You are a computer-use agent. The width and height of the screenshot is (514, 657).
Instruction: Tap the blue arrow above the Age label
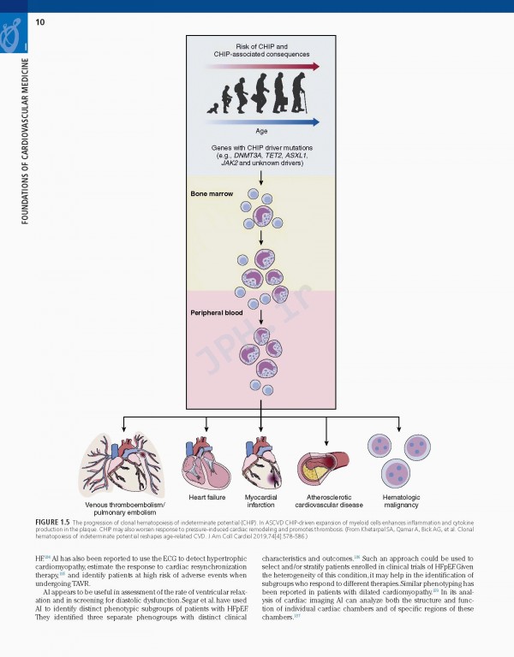point(261,121)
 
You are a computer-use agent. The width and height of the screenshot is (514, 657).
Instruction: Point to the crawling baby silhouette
point(212,108)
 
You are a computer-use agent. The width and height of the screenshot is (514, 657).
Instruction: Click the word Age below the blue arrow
point(261,131)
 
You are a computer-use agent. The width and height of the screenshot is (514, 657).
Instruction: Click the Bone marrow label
point(211,194)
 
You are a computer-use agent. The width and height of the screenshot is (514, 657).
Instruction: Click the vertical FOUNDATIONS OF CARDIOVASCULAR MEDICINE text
point(26,141)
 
